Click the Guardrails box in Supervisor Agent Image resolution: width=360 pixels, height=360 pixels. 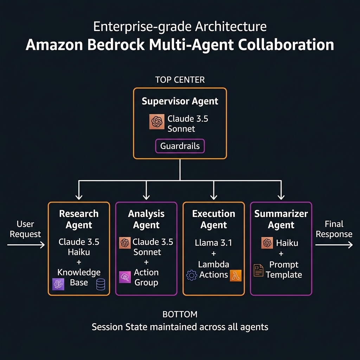[180, 146]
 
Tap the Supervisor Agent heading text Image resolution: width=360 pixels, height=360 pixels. [180, 101]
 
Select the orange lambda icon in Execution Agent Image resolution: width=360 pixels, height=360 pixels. [235, 276]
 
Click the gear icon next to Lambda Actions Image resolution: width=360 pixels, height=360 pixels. [191, 275]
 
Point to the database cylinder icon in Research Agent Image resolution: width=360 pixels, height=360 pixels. [101, 284]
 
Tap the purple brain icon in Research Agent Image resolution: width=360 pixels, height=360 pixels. [58, 284]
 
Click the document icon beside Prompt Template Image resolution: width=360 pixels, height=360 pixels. [258, 270]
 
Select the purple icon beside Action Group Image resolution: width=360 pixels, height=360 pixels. [125, 277]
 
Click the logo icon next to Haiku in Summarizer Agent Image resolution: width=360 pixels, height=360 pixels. [267, 243]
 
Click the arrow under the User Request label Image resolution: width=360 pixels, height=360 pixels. [26, 245]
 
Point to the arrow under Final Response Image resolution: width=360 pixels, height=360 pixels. [334, 245]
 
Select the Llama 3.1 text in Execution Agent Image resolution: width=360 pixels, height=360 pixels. [213, 243]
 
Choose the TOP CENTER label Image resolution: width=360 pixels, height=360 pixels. [180, 80]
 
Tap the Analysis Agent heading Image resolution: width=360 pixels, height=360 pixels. [146, 219]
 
